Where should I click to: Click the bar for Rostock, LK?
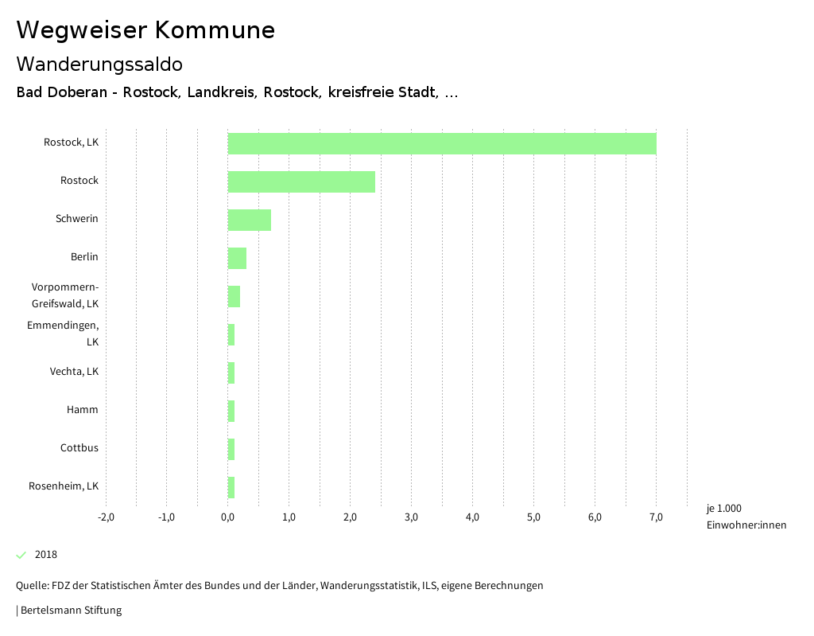coord(442,143)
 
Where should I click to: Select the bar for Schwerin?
coord(250,220)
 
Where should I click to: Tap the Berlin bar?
coord(237,258)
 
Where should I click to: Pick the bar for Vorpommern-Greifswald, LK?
coord(234,296)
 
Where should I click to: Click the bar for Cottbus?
coord(231,449)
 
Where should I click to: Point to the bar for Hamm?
coord(231,411)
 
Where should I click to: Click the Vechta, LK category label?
coord(74,372)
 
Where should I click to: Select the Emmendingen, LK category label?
coord(63,334)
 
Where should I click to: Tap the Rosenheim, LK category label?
coord(64,486)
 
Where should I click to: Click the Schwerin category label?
coord(77,219)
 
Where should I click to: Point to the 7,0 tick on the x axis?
coord(656,517)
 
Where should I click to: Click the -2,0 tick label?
coord(106,517)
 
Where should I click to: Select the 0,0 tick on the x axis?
coord(227,517)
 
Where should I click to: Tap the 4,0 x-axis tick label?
coord(472,517)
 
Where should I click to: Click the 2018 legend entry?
coord(46,555)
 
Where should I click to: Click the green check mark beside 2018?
coord(21,555)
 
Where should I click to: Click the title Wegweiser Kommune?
coord(145,30)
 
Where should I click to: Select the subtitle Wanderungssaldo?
coord(99,64)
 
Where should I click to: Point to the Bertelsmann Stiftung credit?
coord(70,611)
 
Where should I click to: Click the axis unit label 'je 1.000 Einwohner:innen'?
coord(746,517)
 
